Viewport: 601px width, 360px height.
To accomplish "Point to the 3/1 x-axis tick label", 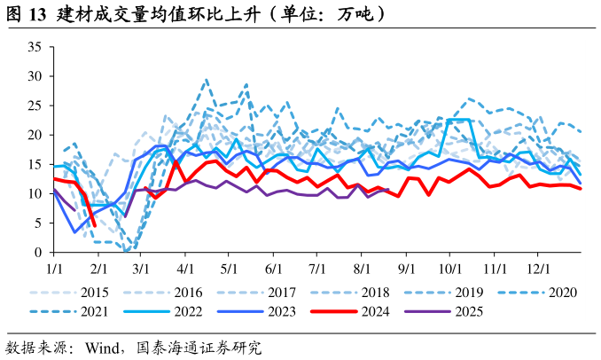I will (141, 267).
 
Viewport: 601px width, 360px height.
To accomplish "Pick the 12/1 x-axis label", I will (538, 267).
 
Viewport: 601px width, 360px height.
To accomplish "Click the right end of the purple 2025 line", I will (389, 189).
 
